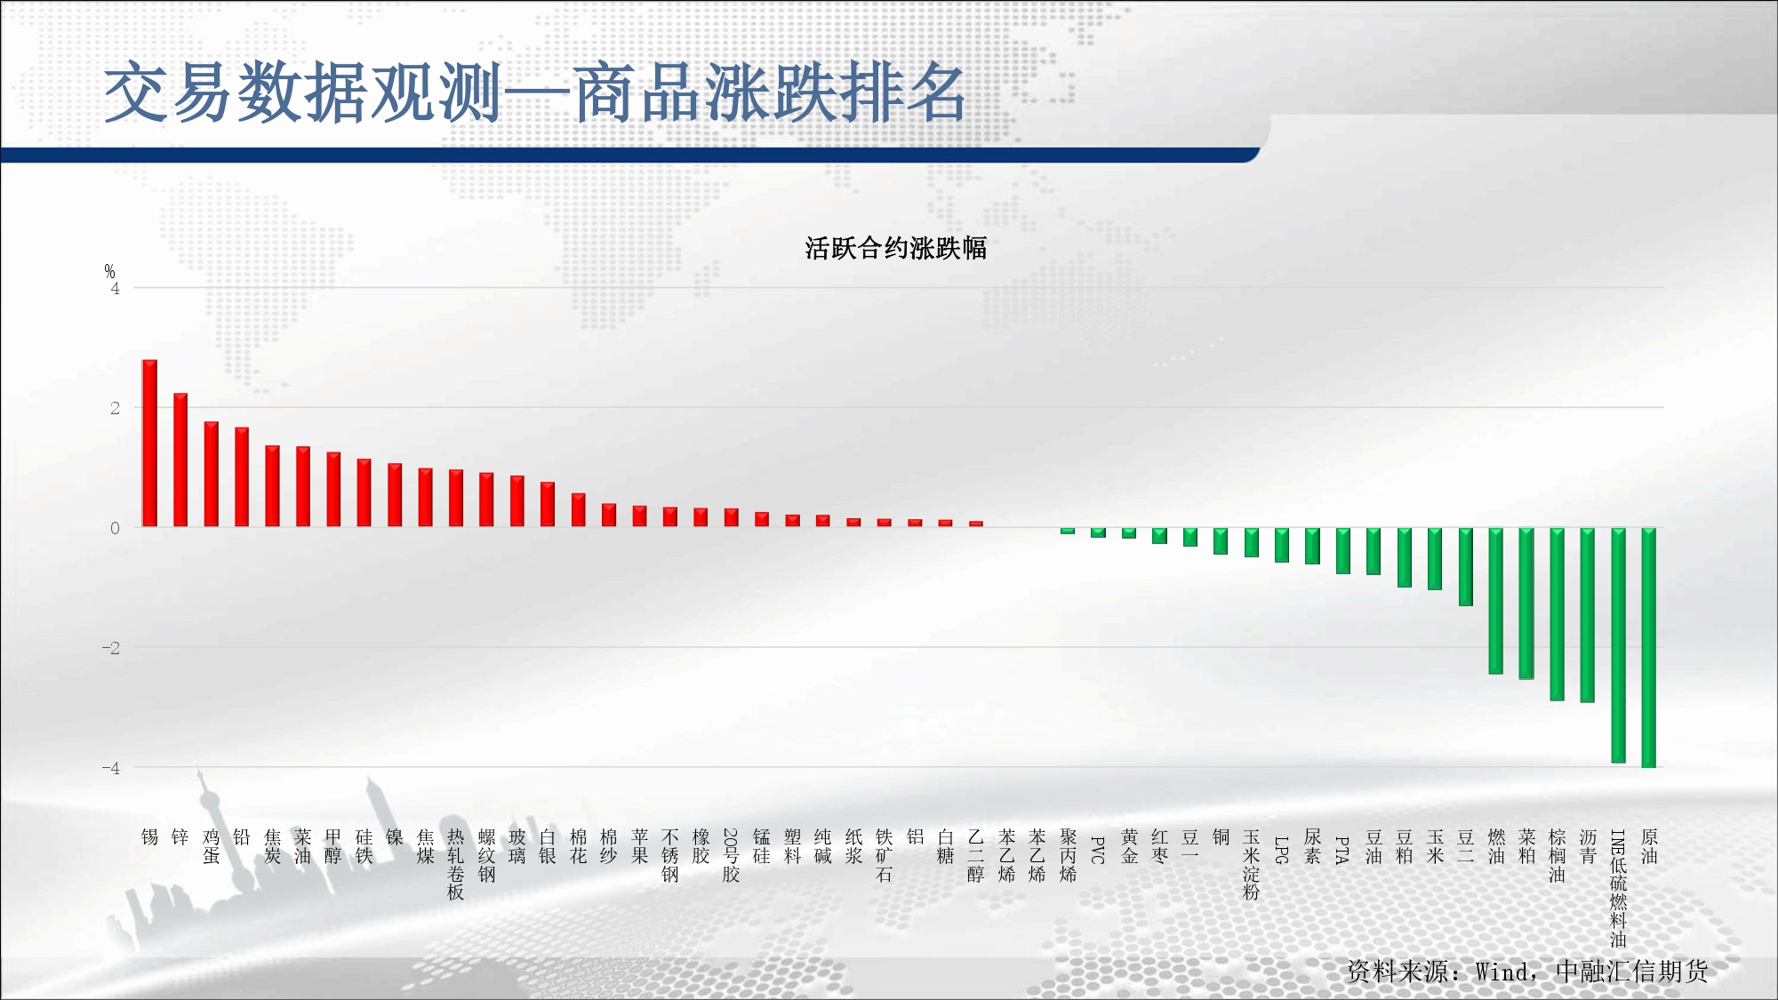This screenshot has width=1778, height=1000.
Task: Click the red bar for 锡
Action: [x=149, y=443]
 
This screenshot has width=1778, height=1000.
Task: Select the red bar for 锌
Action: [x=180, y=460]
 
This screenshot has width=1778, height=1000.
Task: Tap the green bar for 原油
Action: [x=1648, y=647]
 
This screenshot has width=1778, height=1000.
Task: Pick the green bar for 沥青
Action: [x=1588, y=615]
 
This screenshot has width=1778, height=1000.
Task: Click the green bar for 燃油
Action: [x=1496, y=601]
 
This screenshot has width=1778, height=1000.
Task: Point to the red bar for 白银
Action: [x=548, y=504]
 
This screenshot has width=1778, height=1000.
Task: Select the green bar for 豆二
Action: [x=1466, y=567]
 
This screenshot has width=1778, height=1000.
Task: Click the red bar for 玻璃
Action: [x=517, y=501]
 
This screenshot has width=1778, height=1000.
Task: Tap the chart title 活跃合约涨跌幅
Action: [x=896, y=248]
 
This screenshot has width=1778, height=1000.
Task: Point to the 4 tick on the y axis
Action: [x=115, y=289]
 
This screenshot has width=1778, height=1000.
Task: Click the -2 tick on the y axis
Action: [x=110, y=648]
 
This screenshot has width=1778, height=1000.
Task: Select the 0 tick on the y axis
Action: [x=115, y=528]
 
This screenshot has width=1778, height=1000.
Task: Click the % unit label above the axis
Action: [x=109, y=271]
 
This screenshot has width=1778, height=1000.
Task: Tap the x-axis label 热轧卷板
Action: [x=456, y=864]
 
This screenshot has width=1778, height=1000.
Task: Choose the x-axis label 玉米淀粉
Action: [x=1252, y=864]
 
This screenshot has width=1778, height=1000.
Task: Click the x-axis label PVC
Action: [x=1098, y=850]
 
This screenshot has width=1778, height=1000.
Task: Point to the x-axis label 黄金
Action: [x=1129, y=846]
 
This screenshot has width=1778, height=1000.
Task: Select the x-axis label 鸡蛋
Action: [x=211, y=846]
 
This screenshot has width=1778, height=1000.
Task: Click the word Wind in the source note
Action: [x=1503, y=972]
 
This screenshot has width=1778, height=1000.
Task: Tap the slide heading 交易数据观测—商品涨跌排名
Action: [x=535, y=92]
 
